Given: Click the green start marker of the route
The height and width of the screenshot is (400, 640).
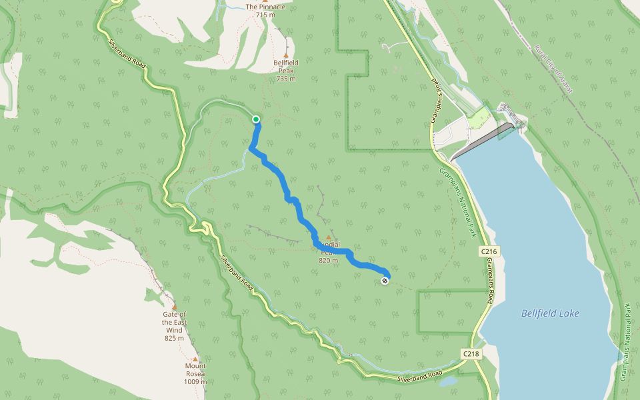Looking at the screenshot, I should tap(256, 119).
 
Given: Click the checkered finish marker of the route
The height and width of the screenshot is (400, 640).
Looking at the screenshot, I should tap(385, 281).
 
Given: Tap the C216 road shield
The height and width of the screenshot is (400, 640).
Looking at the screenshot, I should tap(489, 251).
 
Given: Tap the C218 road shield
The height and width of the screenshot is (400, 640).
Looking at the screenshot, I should tap(471, 354).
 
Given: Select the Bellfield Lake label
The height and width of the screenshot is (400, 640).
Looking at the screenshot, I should tap(550, 313).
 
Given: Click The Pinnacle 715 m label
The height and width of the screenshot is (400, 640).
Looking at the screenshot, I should tap(265, 10).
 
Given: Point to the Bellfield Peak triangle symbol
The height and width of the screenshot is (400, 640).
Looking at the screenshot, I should tap(286, 55).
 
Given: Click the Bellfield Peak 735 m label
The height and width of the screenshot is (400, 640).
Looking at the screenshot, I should tap(285, 70).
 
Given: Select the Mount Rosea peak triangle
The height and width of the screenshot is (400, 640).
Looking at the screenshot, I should tap(195, 359).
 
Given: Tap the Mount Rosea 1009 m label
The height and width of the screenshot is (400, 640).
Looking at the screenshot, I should tap(195, 373).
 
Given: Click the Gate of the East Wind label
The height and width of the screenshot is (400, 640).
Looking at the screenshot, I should tap(174, 322).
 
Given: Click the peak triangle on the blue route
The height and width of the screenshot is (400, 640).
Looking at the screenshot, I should tap(328, 237).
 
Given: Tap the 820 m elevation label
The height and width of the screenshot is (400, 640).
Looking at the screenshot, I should tap(328, 261).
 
